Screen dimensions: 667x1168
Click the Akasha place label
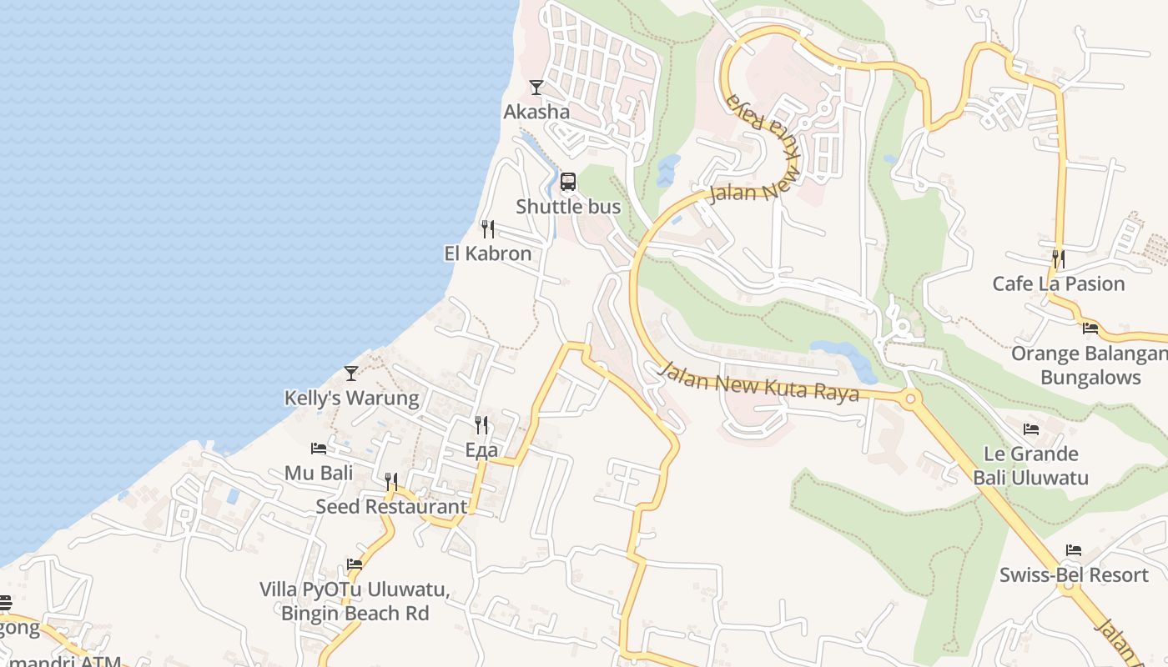536,112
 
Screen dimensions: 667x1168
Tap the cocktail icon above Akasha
536,87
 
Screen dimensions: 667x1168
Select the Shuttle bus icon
568,182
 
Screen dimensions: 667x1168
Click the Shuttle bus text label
568,206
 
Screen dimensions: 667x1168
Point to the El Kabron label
488,253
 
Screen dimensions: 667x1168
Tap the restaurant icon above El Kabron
488,228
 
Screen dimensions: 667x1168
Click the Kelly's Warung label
352,398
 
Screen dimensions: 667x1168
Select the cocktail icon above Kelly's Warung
351,373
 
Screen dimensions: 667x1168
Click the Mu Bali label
319,473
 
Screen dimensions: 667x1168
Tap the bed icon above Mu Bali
319,449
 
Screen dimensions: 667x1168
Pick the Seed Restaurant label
391,506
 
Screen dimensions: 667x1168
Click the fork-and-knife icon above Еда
481,425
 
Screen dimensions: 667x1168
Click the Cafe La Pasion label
1059,283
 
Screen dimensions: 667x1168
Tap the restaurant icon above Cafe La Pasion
1059,258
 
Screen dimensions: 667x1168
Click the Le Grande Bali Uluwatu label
1031,465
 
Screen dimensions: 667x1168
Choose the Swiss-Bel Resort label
1074,574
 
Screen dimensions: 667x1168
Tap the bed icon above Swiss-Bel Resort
1074,550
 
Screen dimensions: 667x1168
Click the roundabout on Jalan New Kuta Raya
910,399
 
